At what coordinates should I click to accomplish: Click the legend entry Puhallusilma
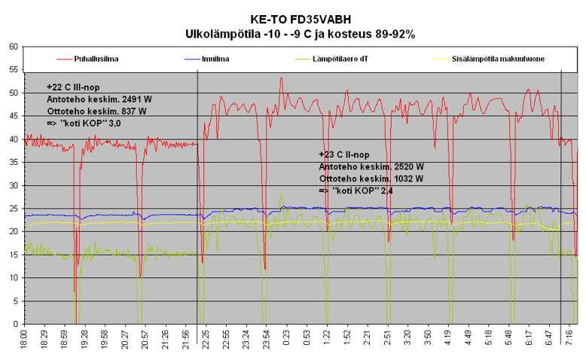(96, 58)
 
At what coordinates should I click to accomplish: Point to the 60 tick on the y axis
(13, 47)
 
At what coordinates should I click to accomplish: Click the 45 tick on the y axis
(13, 116)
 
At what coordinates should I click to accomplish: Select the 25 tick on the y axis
(13, 209)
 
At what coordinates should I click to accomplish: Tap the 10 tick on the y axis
(13, 278)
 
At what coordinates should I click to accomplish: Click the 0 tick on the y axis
(15, 324)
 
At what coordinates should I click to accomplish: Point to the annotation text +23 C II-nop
(349, 154)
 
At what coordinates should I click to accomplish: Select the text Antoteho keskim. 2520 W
(371, 166)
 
